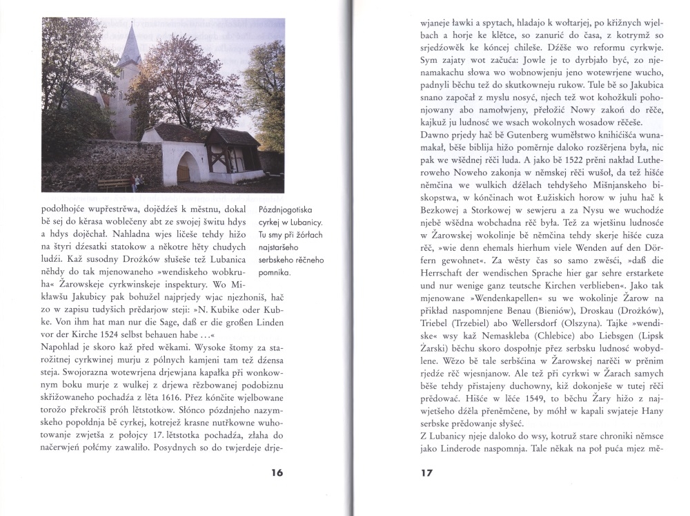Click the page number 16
(275, 473)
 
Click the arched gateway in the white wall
(187, 170)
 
